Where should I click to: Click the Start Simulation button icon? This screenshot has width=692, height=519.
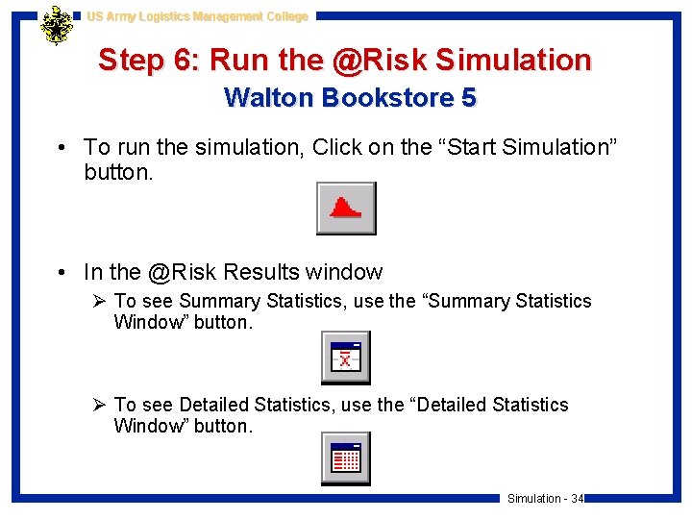click(x=346, y=209)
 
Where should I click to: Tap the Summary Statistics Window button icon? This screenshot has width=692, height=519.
click(x=345, y=358)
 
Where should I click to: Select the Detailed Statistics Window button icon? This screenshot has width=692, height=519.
click(x=345, y=459)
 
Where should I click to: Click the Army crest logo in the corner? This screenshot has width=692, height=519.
click(x=57, y=26)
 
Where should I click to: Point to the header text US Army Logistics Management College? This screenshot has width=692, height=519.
click(x=197, y=16)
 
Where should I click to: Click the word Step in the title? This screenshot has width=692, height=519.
click(x=132, y=61)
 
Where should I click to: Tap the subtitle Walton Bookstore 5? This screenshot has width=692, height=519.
click(x=350, y=98)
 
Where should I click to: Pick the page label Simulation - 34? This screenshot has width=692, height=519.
click(x=545, y=498)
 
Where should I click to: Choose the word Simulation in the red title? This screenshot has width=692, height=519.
click(x=513, y=61)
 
